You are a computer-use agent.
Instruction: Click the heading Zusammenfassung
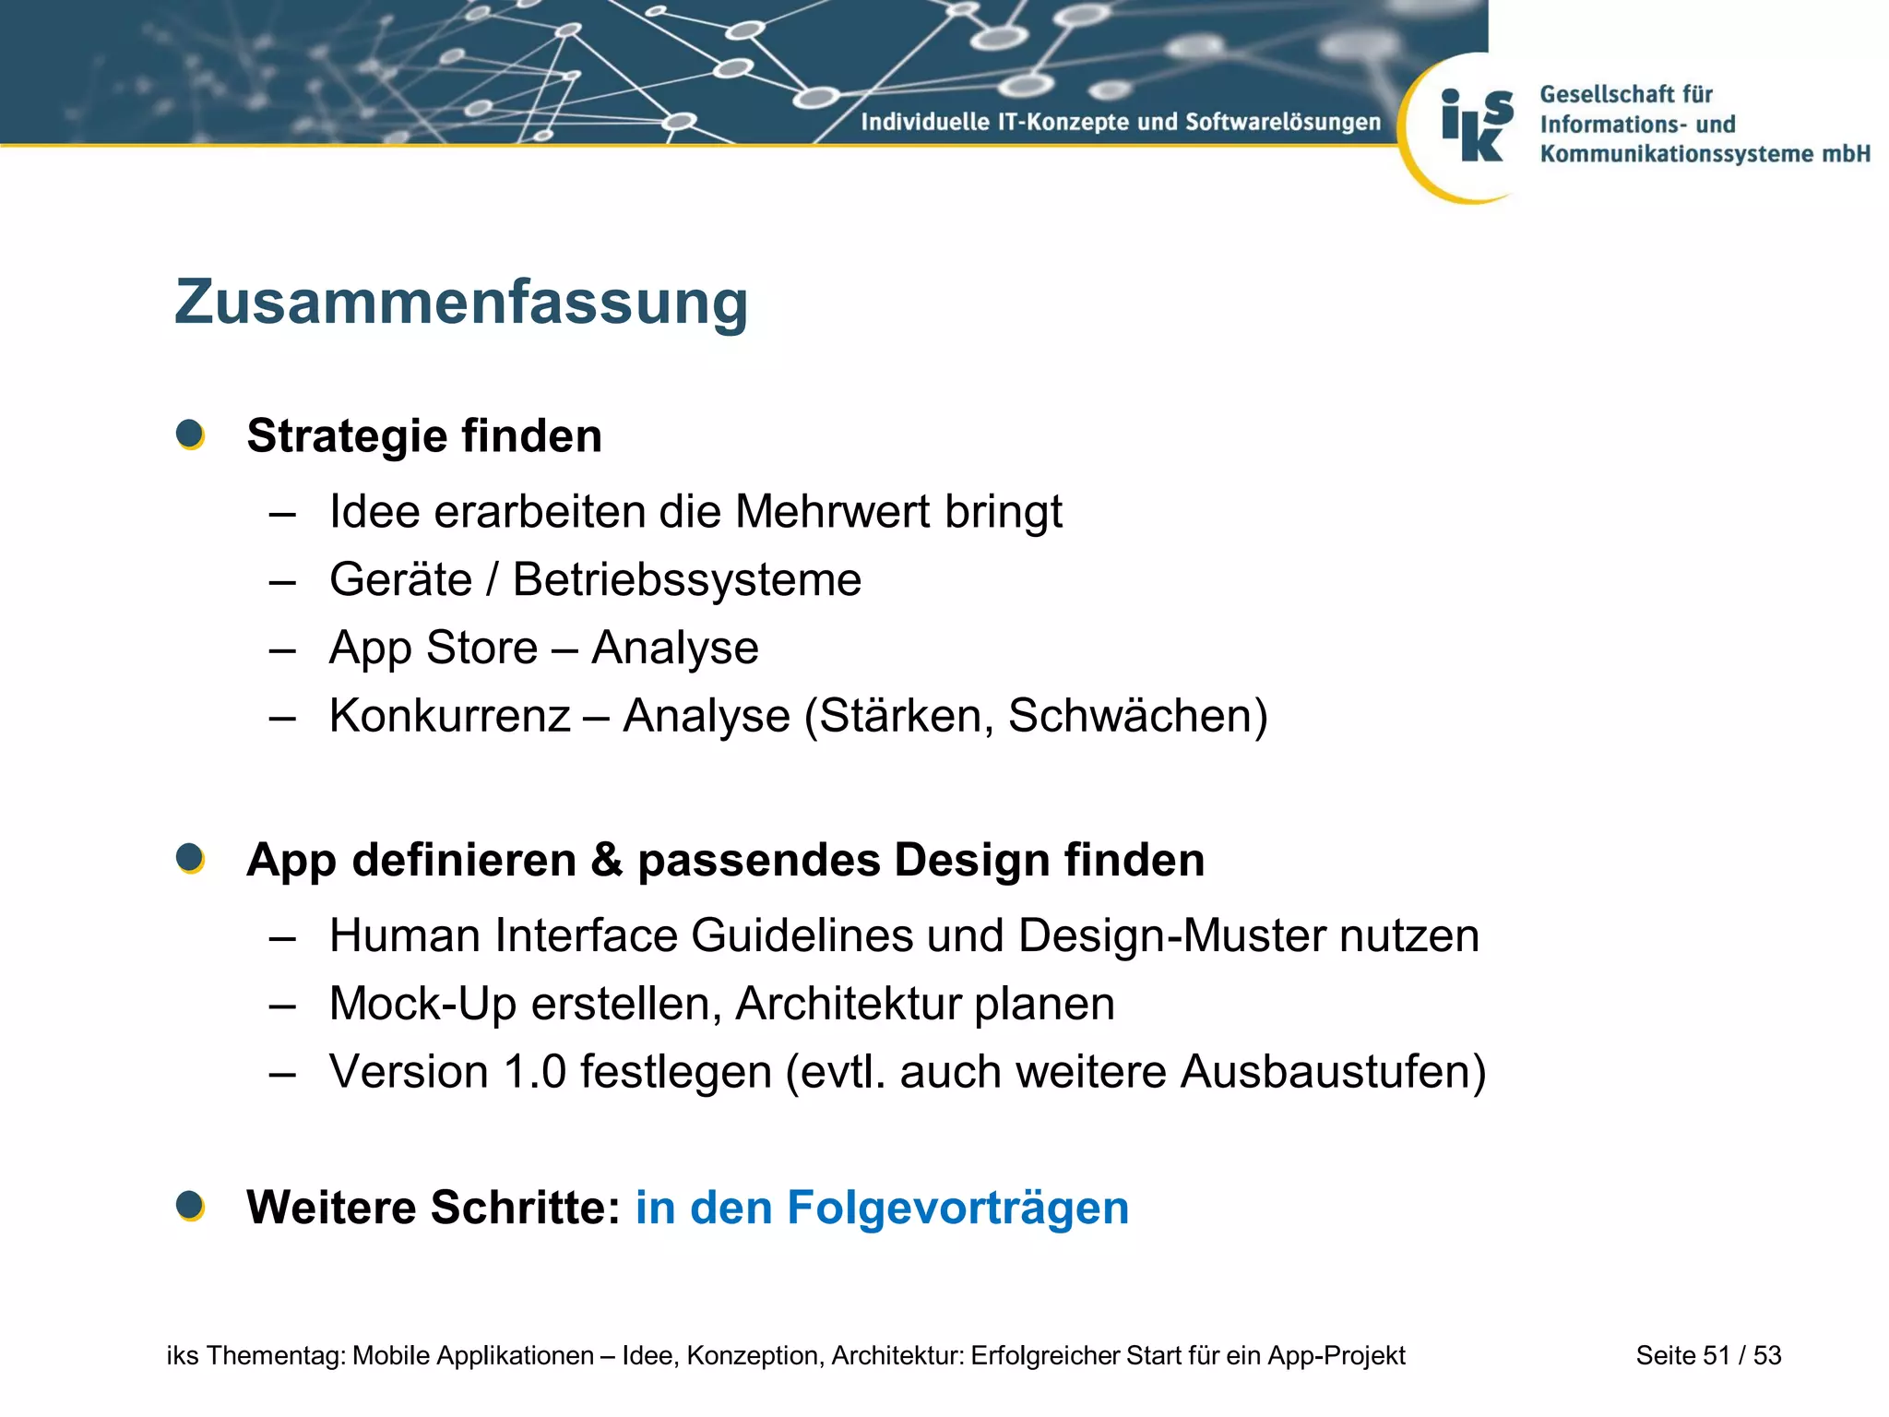[460, 303]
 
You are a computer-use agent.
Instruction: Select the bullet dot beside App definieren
[190, 858]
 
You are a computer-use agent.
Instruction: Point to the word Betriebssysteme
[686, 579]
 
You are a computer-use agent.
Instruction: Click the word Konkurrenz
[450, 715]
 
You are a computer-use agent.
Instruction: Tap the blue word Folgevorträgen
[957, 1207]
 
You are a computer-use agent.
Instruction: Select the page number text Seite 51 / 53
[1708, 1355]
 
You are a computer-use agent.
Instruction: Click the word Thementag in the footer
[276, 1355]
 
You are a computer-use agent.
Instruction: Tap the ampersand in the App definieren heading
[606, 860]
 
